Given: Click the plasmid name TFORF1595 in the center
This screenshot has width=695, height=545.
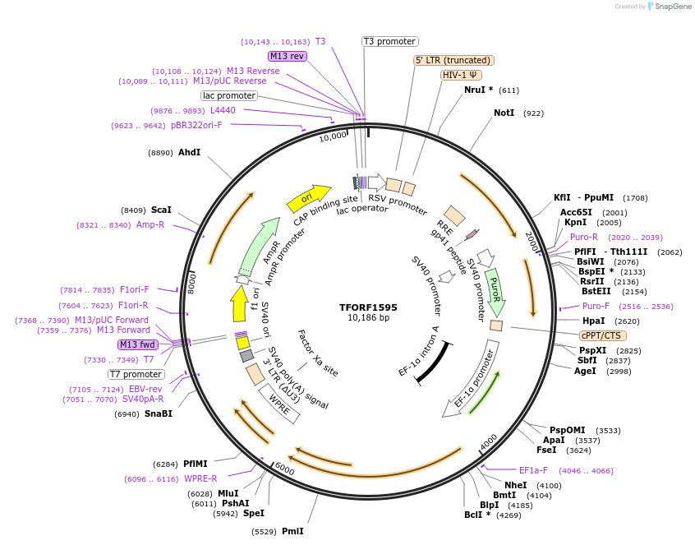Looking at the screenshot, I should (x=368, y=307).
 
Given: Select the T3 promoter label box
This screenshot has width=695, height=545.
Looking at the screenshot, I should (x=390, y=41).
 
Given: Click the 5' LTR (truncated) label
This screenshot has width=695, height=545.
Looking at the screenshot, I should (x=453, y=60).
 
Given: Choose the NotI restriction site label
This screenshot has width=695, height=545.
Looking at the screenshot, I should (x=504, y=113).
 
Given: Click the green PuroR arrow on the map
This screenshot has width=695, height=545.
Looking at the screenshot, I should (x=495, y=288).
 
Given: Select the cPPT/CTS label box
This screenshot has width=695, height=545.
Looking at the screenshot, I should (x=602, y=335).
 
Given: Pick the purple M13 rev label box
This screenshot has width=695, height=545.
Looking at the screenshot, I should (x=287, y=56).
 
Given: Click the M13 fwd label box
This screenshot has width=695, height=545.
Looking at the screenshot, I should (x=137, y=344).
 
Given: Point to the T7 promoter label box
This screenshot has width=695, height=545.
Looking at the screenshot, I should (x=136, y=374).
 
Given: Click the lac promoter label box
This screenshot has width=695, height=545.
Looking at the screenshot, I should (x=229, y=95).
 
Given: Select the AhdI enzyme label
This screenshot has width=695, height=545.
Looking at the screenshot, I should (x=189, y=152).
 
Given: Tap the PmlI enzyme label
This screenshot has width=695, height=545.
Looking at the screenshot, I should (x=292, y=531).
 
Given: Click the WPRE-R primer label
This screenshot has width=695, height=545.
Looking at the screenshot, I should (x=200, y=478).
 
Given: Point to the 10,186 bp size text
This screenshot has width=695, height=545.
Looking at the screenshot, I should (x=368, y=318).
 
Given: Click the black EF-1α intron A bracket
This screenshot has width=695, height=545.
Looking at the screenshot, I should (x=433, y=363).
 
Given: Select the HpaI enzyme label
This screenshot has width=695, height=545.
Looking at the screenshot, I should (x=593, y=321).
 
